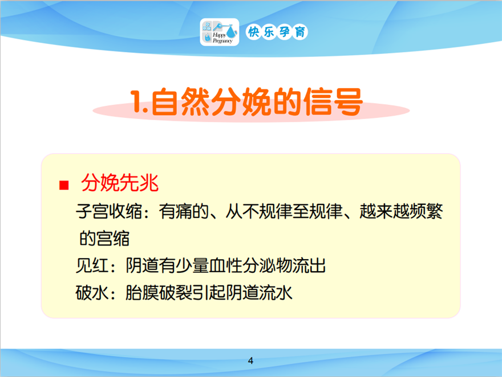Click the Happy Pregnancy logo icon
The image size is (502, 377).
tap(220, 32)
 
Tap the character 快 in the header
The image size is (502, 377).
tap(253, 32)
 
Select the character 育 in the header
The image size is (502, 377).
tap(300, 32)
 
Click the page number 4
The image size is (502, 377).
tap(250, 360)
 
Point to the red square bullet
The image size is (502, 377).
tap(64, 185)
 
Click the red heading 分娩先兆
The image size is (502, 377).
tap(120, 183)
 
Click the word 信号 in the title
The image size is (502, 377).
tap(333, 101)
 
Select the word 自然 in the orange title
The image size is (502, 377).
tap(181, 101)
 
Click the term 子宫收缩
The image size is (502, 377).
tap(109, 211)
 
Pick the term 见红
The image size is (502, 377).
tap(92, 265)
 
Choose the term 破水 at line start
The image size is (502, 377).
tap(92, 293)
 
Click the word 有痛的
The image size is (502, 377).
tap(184, 211)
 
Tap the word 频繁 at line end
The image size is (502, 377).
tap(426, 211)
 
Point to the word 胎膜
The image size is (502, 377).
tap(142, 293)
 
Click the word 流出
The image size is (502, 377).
tap(309, 265)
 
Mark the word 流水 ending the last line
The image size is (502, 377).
tap(276, 293)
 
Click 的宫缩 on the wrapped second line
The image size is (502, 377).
tap(104, 239)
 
